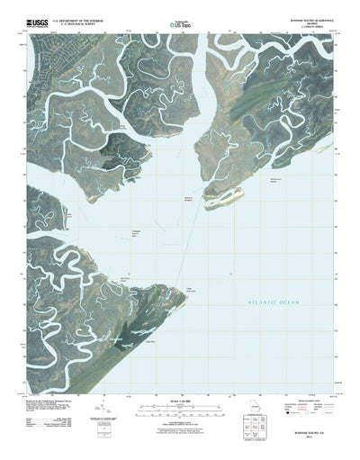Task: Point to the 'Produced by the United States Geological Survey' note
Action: click(63, 396)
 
